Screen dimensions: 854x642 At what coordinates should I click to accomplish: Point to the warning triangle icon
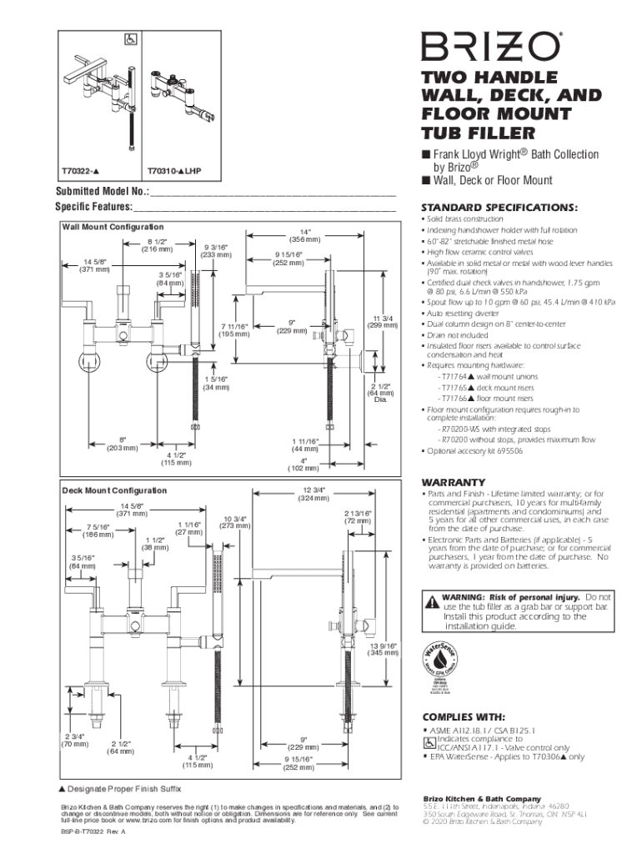pyautogui.click(x=431, y=601)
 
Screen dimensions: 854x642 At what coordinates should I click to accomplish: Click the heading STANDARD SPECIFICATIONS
pyautogui.click(x=487, y=207)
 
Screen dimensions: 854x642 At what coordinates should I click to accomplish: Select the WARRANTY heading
pyautogui.click(x=453, y=483)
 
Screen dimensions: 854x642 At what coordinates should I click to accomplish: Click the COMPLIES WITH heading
pyautogui.click(x=463, y=716)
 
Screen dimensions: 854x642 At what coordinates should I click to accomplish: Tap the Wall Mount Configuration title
pyautogui.click(x=112, y=227)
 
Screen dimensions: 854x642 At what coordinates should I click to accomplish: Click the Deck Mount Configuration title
pyautogui.click(x=114, y=490)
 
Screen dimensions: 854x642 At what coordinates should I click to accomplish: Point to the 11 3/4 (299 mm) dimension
pyautogui.click(x=384, y=321)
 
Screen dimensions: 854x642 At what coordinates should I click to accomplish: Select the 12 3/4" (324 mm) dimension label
pyautogui.click(x=313, y=494)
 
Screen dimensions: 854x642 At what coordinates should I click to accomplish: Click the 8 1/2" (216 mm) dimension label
pyautogui.click(x=157, y=244)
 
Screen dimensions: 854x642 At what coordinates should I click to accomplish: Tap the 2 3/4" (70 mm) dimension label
pyautogui.click(x=73, y=740)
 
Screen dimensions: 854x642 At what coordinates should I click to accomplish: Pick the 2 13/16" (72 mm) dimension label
pyautogui.click(x=358, y=517)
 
